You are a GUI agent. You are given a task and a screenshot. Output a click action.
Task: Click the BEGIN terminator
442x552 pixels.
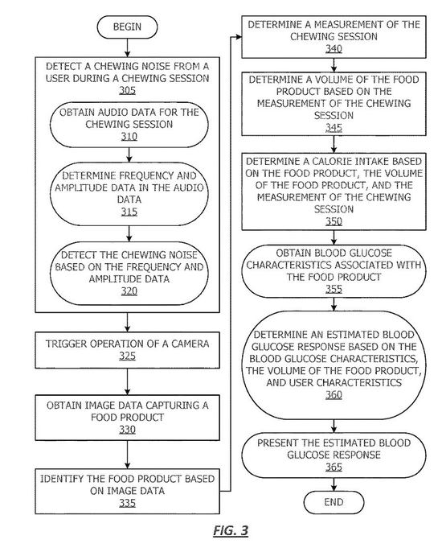pyautogui.click(x=127, y=27)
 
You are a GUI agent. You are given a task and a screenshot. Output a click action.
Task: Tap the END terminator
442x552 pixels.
pyautogui.click(x=334, y=502)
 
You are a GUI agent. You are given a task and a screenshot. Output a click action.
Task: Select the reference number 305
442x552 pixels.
pyautogui.click(x=127, y=90)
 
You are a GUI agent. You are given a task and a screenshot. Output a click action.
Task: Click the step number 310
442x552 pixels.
pyautogui.click(x=129, y=136)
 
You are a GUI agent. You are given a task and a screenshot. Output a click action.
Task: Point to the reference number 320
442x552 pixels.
pyautogui.click(x=129, y=291)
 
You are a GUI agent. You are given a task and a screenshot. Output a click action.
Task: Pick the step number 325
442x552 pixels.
pyautogui.click(x=127, y=356)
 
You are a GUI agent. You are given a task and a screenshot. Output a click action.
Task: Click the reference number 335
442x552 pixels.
pyautogui.click(x=127, y=503)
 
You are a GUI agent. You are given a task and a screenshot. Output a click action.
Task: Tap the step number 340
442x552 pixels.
pyautogui.click(x=334, y=48)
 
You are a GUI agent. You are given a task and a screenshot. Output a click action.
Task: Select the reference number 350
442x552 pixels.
pyautogui.click(x=334, y=221)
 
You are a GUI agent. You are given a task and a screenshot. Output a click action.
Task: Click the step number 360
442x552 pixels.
pyautogui.click(x=334, y=394)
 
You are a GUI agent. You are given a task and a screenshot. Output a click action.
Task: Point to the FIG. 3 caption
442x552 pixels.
pyautogui.click(x=231, y=530)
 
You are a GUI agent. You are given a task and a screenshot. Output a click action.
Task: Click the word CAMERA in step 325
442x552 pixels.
pyautogui.click(x=190, y=344)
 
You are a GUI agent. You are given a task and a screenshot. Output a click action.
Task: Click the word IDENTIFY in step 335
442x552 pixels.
pyautogui.click(x=62, y=479)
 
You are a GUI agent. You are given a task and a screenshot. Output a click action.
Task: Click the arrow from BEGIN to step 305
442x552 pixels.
pyautogui.click(x=127, y=47)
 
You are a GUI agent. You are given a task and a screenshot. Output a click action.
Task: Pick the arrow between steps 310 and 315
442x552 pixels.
pyautogui.click(x=129, y=154)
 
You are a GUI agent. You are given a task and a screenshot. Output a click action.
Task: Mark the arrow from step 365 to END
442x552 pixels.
pyautogui.click(x=334, y=484)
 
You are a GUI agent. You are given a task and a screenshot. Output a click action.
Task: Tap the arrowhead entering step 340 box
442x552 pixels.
pyautogui.click(x=239, y=37)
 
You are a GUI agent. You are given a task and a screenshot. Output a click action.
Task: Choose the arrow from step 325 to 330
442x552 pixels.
pyautogui.click(x=127, y=381)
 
